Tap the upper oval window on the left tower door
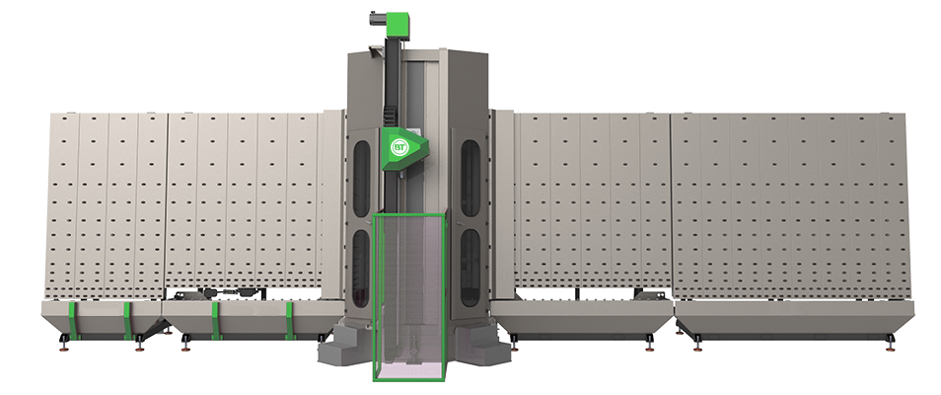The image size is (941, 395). pyautogui.click(x=361, y=179)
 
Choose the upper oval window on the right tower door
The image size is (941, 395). pyautogui.click(x=470, y=179)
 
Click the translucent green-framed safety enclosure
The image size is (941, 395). pyautogui.click(x=409, y=297)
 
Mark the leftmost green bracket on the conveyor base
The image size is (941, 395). pyautogui.click(x=71, y=321)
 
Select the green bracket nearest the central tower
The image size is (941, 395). pyautogui.click(x=290, y=321)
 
